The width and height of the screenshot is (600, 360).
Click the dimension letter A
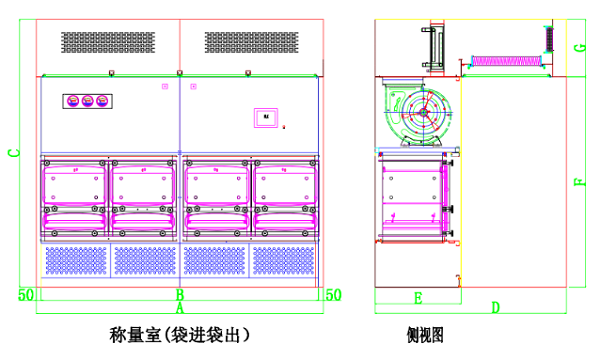tap(180, 309)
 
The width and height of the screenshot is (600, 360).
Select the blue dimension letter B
tap(180, 294)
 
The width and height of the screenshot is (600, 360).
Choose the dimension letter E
tap(417, 297)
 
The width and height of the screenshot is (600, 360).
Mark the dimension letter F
tap(580, 182)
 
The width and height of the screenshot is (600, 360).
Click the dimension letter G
tap(580, 47)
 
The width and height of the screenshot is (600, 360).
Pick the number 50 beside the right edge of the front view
tap(335, 294)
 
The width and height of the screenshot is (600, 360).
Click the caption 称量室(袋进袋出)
tap(179, 334)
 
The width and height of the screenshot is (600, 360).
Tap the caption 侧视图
tap(425, 335)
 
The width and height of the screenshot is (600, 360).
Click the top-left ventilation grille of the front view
tap(110, 42)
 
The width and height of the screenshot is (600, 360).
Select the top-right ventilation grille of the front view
tap(253, 42)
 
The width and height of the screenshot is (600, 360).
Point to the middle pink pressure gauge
tap(86, 101)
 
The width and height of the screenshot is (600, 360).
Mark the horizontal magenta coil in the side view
tap(510, 61)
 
